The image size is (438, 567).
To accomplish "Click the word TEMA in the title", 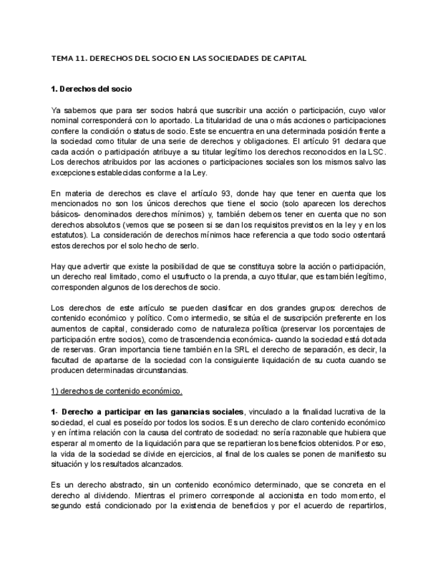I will [61, 58].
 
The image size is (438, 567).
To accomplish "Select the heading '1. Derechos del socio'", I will [92, 88].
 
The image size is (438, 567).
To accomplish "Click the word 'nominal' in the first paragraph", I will [66, 120].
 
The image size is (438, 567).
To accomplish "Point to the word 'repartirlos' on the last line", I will [364, 506].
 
